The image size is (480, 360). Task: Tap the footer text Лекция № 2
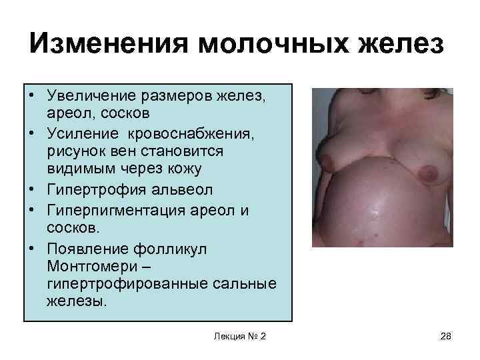(x=239, y=335)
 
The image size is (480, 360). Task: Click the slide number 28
(x=446, y=335)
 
